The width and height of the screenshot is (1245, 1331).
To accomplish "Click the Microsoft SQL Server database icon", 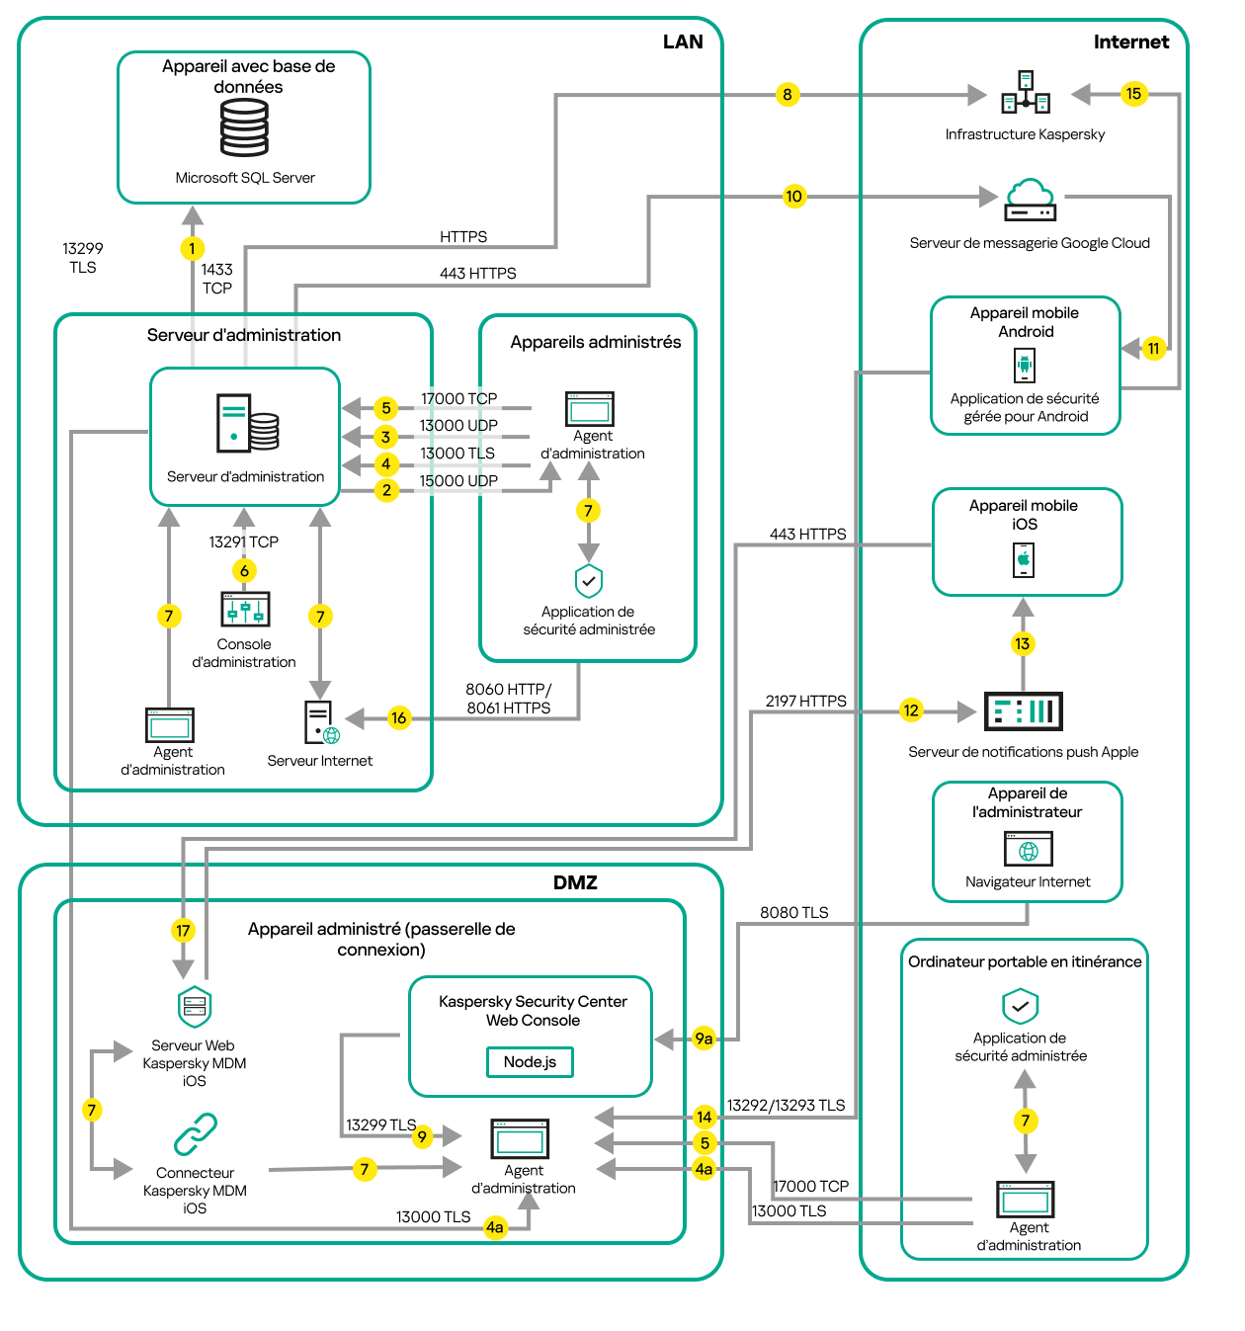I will [244, 128].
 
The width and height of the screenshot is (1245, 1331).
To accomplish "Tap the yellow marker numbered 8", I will [787, 95].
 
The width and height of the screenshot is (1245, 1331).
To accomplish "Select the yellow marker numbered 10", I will [793, 197].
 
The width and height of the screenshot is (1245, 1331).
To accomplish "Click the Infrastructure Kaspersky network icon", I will [1026, 93].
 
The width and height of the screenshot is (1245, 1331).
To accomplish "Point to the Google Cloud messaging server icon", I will [1030, 200].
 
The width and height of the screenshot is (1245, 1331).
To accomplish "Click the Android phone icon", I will [1025, 366].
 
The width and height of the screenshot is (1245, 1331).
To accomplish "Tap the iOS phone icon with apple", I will [1024, 559].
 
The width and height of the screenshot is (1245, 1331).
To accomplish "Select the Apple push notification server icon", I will [1024, 711].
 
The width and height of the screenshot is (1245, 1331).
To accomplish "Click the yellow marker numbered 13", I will [1022, 644].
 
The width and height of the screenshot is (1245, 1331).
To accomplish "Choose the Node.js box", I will [530, 1062].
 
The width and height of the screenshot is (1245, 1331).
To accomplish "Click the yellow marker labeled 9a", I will [704, 1039].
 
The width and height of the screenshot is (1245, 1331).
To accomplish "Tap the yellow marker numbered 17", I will [183, 931].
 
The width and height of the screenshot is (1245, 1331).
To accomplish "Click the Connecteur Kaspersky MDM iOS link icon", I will [196, 1134].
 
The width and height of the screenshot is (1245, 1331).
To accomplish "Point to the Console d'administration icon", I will [245, 610].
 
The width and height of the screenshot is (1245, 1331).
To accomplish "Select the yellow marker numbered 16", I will [398, 718].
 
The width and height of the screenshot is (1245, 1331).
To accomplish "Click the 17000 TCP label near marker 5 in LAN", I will [458, 399].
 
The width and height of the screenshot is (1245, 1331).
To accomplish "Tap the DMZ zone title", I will [575, 882].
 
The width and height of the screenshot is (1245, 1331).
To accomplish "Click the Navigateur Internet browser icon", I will [1028, 850].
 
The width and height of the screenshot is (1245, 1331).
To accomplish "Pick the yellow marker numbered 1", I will [192, 249].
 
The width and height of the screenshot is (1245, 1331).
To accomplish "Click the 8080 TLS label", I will [793, 913].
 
